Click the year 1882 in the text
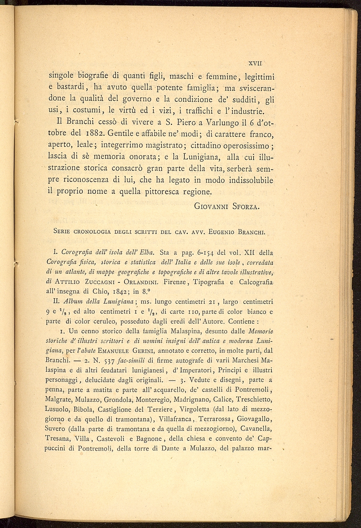[x=94, y=135]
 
